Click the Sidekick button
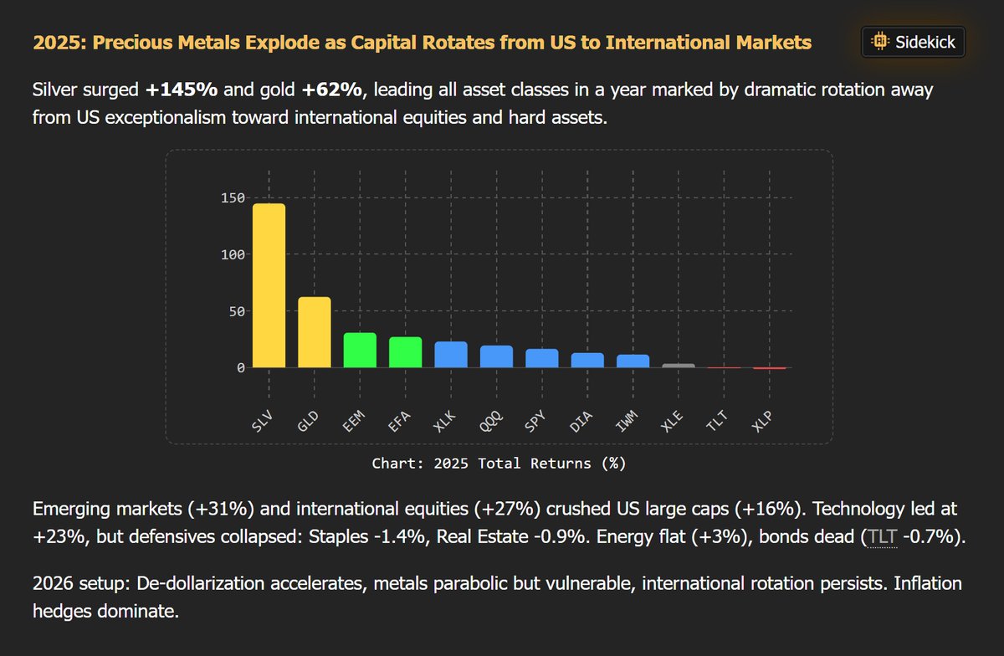(x=914, y=41)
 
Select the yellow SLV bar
(x=269, y=285)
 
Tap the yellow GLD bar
(x=315, y=332)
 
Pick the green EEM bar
(x=360, y=350)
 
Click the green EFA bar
(x=405, y=352)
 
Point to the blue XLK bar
(x=451, y=355)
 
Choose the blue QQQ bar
(x=496, y=356)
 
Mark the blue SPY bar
(x=542, y=358)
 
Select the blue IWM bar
(x=633, y=361)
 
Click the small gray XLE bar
(x=679, y=366)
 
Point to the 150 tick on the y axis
(x=233, y=198)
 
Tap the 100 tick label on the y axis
(x=233, y=254)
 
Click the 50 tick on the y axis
(x=237, y=311)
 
